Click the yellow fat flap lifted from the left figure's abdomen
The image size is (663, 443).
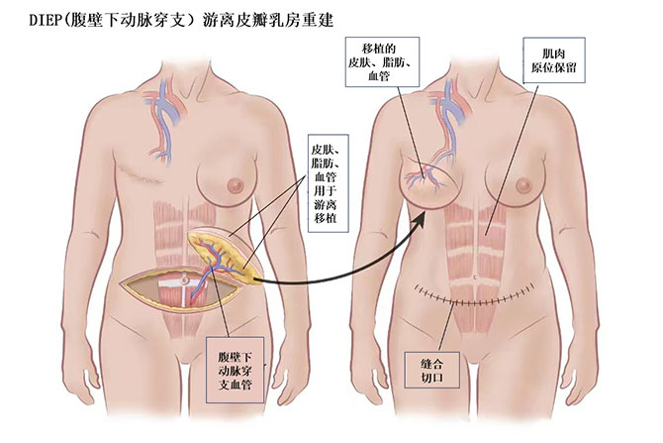click(x=228, y=252)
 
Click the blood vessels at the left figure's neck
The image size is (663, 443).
click(x=159, y=104)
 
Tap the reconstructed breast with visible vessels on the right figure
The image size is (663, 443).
click(x=428, y=181)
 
